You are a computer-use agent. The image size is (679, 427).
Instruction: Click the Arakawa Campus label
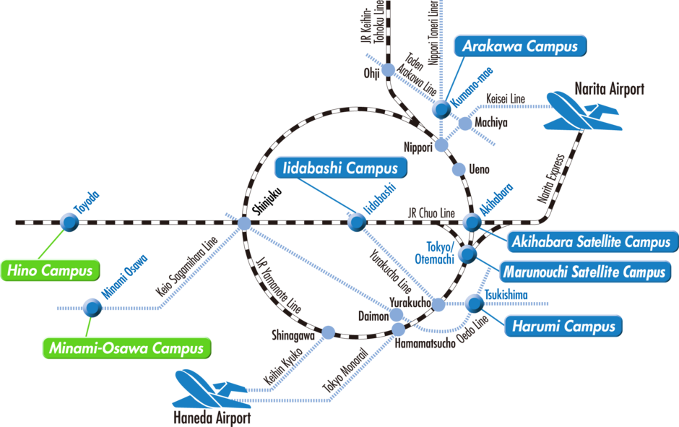click(519, 47)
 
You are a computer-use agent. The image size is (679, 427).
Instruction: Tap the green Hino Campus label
click(51, 271)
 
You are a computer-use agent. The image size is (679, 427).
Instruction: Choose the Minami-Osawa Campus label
click(126, 348)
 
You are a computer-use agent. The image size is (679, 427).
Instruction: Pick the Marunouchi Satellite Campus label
click(582, 272)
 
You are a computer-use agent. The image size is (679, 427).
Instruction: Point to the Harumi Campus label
click(563, 327)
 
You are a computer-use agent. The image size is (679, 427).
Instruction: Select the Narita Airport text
click(608, 90)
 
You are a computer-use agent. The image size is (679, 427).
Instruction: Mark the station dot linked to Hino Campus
click(69, 222)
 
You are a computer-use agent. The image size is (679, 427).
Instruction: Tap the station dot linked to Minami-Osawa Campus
click(92, 308)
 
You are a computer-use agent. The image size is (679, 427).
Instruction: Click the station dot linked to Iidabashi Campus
click(354, 222)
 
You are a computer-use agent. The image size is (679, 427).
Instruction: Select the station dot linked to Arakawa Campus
click(441, 109)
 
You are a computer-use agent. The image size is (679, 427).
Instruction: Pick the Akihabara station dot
click(472, 222)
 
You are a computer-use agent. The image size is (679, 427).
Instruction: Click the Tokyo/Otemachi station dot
click(467, 254)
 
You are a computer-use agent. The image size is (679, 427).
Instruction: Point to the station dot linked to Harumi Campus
click(475, 303)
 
